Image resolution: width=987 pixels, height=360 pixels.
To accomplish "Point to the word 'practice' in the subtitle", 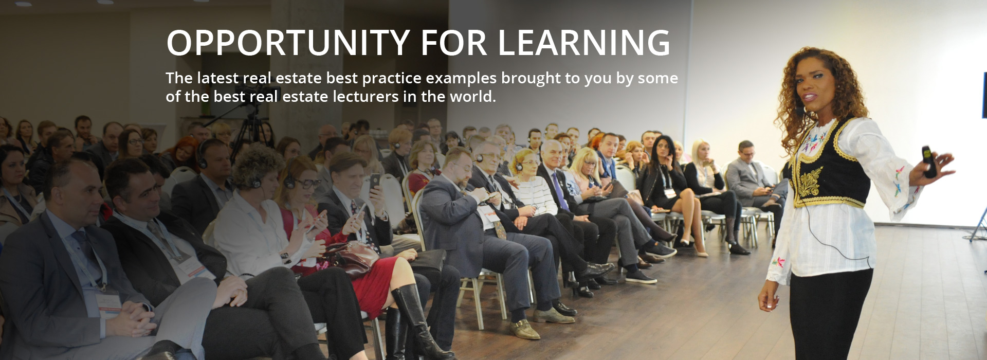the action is coord(391,78).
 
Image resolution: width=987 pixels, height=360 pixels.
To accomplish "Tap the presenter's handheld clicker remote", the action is coord(929,161).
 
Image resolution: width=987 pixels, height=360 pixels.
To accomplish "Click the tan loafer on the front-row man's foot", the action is coord(524,329).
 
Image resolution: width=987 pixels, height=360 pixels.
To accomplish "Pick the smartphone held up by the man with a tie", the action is coord(375,181).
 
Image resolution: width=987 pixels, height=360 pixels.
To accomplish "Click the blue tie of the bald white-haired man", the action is coord(560,192).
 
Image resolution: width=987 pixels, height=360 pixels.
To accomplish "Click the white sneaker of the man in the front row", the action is coord(641,277).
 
